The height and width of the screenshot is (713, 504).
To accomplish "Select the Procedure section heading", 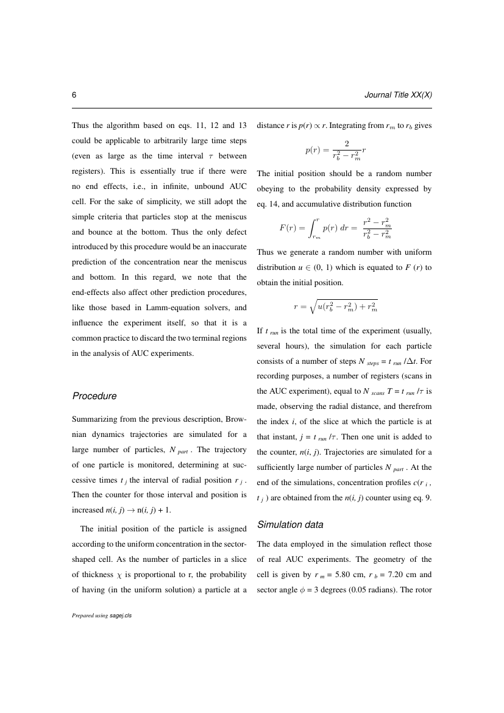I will click(x=94, y=396).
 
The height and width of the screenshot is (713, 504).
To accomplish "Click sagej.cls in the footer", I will click(x=121, y=615).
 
